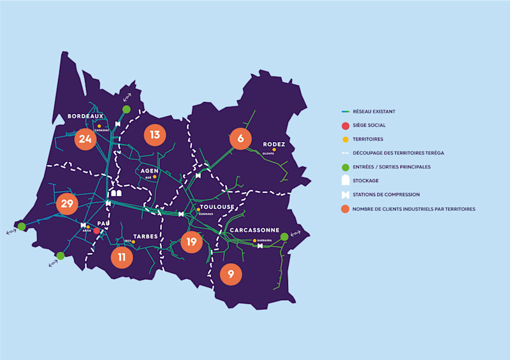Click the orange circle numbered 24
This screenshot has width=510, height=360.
(x=85, y=140)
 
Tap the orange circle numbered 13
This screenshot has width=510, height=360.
(x=155, y=135)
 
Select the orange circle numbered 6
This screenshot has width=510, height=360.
(x=240, y=138)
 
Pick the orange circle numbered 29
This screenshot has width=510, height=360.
(x=67, y=204)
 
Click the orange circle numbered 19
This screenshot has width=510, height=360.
(x=191, y=241)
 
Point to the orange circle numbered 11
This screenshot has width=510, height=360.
(x=121, y=257)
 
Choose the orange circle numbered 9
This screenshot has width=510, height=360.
(x=231, y=275)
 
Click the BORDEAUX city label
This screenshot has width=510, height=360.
(x=85, y=116)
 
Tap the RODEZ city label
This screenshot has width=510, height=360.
(x=273, y=144)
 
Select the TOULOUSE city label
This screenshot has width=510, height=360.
(x=217, y=207)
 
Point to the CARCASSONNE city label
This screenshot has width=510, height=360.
(x=254, y=230)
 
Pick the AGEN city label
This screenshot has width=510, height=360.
(x=149, y=171)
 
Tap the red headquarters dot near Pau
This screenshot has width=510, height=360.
(x=96, y=231)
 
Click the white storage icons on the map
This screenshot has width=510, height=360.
(x=115, y=192)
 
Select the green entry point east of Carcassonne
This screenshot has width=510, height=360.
(x=284, y=236)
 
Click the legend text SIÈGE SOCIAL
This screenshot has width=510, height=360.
(x=369, y=126)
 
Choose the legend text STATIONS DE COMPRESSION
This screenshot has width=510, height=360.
(x=386, y=194)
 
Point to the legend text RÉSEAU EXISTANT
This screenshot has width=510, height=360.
(x=374, y=112)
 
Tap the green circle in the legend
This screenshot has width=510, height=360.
(x=345, y=167)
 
